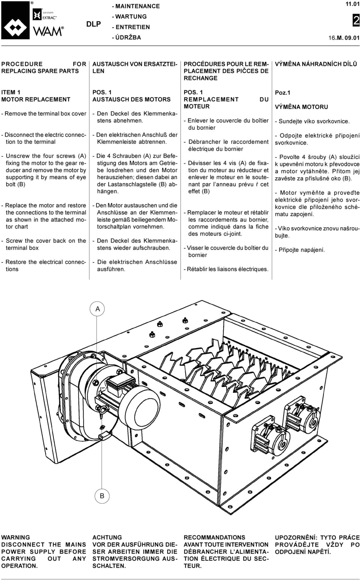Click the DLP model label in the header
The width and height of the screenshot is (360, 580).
(x=93, y=24)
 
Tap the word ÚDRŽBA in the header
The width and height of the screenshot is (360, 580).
(x=128, y=37)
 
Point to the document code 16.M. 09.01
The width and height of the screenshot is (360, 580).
(x=344, y=38)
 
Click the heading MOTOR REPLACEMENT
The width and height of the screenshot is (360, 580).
(x=36, y=99)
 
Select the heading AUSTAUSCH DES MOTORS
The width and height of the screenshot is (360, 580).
(x=131, y=99)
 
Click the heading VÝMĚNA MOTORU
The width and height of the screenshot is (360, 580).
(x=301, y=107)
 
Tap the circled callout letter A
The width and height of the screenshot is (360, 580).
(x=98, y=309)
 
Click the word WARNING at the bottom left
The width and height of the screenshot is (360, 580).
(x=15, y=537)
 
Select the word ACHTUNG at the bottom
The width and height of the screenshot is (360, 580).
(x=107, y=537)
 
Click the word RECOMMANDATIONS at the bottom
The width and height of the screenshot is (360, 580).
(x=214, y=537)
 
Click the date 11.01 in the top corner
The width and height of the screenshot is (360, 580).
(x=352, y=4)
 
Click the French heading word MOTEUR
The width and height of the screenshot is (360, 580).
(x=196, y=106)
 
